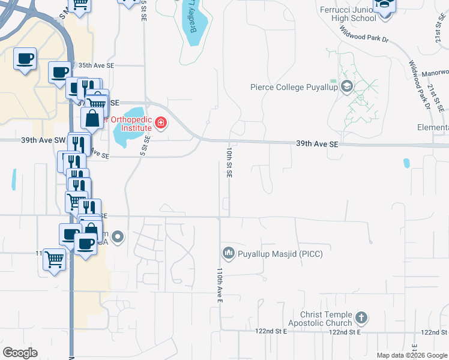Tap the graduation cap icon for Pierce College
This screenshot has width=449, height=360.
[x=347, y=88]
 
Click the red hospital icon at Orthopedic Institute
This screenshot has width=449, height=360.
[x=160, y=124]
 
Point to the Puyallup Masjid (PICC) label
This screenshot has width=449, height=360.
[x=280, y=254]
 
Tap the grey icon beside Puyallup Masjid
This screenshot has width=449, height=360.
[x=228, y=254]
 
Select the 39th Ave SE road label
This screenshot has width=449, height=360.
[x=318, y=145]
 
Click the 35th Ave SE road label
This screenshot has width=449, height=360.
[x=95, y=65]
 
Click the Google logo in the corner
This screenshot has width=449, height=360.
[x=20, y=353]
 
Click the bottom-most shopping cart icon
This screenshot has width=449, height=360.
[x=55, y=260]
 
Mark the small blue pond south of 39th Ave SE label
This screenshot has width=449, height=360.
[x=406, y=163]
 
